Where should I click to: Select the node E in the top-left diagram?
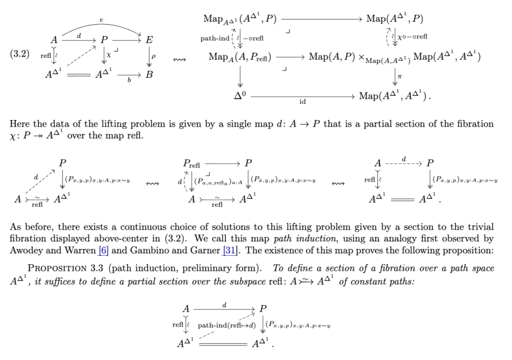pos(149,40)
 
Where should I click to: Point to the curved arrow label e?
pos(101,20)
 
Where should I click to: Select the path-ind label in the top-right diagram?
pos(215,38)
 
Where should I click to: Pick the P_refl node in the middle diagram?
pos(192,164)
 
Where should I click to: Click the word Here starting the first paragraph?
pos(20,124)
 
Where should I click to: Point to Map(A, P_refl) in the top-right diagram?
pos(239,57)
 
